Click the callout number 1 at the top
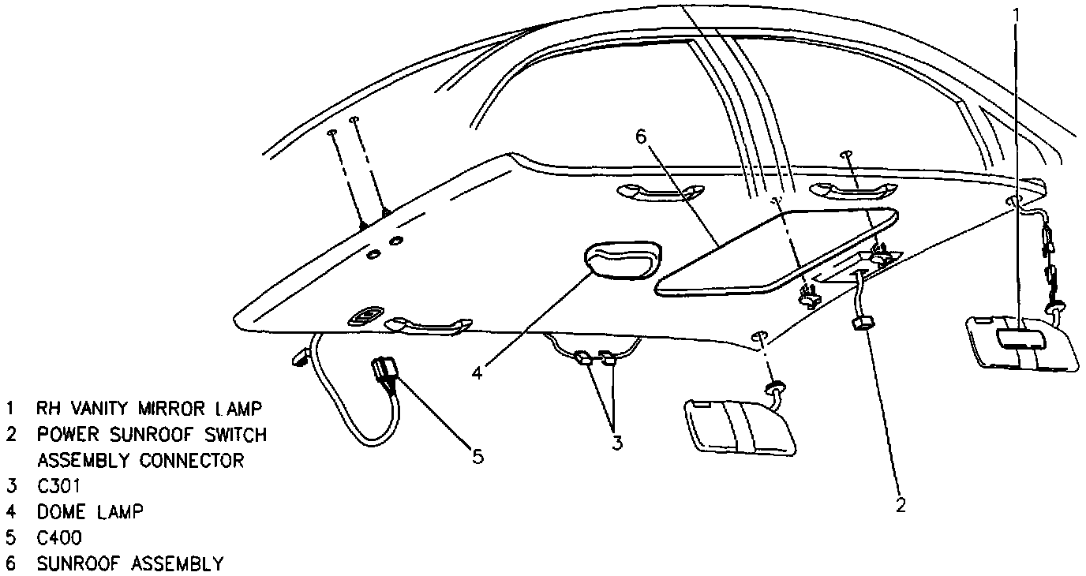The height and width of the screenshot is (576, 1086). (x=1017, y=14)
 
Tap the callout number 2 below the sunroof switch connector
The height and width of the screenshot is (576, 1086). (x=899, y=505)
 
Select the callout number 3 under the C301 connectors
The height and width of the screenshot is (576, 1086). (x=616, y=443)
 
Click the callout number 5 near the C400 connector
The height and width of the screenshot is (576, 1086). (x=477, y=456)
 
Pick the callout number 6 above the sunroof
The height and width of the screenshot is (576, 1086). (x=641, y=137)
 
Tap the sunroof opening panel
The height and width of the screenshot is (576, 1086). (x=777, y=251)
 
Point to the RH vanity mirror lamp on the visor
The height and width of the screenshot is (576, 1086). (x=1020, y=338)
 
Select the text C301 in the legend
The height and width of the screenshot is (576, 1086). (x=59, y=486)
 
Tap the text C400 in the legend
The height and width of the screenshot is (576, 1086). (x=59, y=538)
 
